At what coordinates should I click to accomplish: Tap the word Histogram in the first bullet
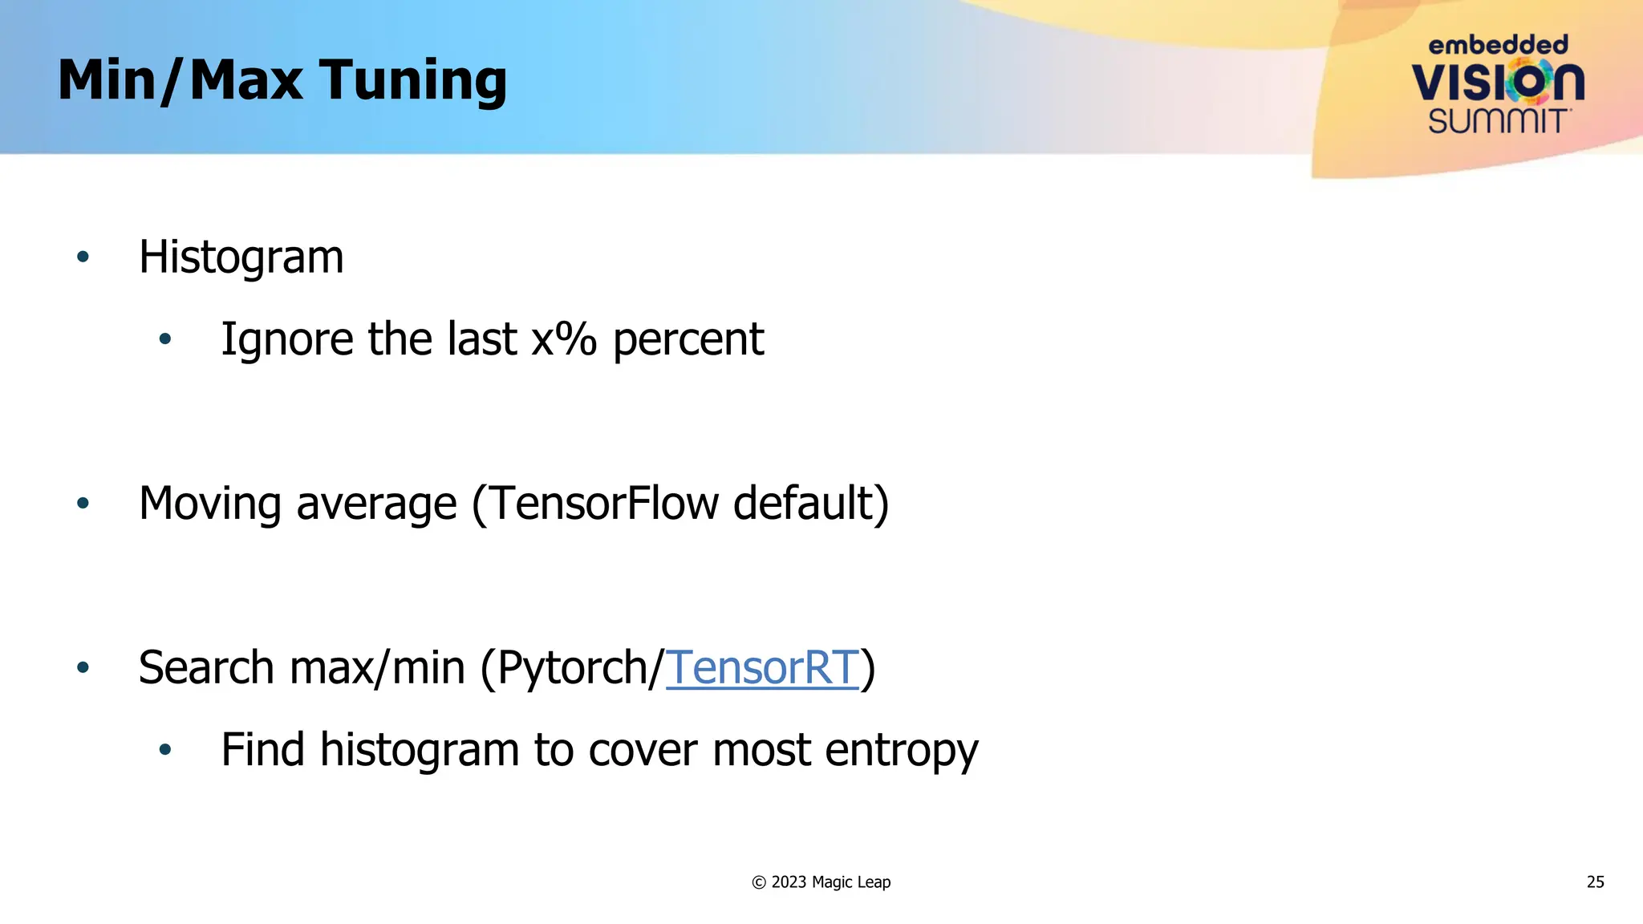coord(241,257)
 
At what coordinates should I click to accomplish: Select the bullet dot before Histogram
coord(83,257)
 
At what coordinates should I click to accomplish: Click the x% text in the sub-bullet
coord(564,339)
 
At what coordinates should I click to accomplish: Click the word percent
coord(688,339)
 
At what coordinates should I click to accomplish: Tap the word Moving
coord(209,504)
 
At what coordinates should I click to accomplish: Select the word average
coord(376,504)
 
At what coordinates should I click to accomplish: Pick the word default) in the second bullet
coord(811,504)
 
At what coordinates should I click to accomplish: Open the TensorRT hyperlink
coord(762,667)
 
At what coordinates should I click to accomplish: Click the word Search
coord(206,667)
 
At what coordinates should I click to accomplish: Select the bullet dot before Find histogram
coord(165,751)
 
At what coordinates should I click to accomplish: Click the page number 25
coord(1595,882)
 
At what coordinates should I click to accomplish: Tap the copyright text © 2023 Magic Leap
coord(821,882)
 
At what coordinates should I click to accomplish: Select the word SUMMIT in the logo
coord(1497,121)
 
